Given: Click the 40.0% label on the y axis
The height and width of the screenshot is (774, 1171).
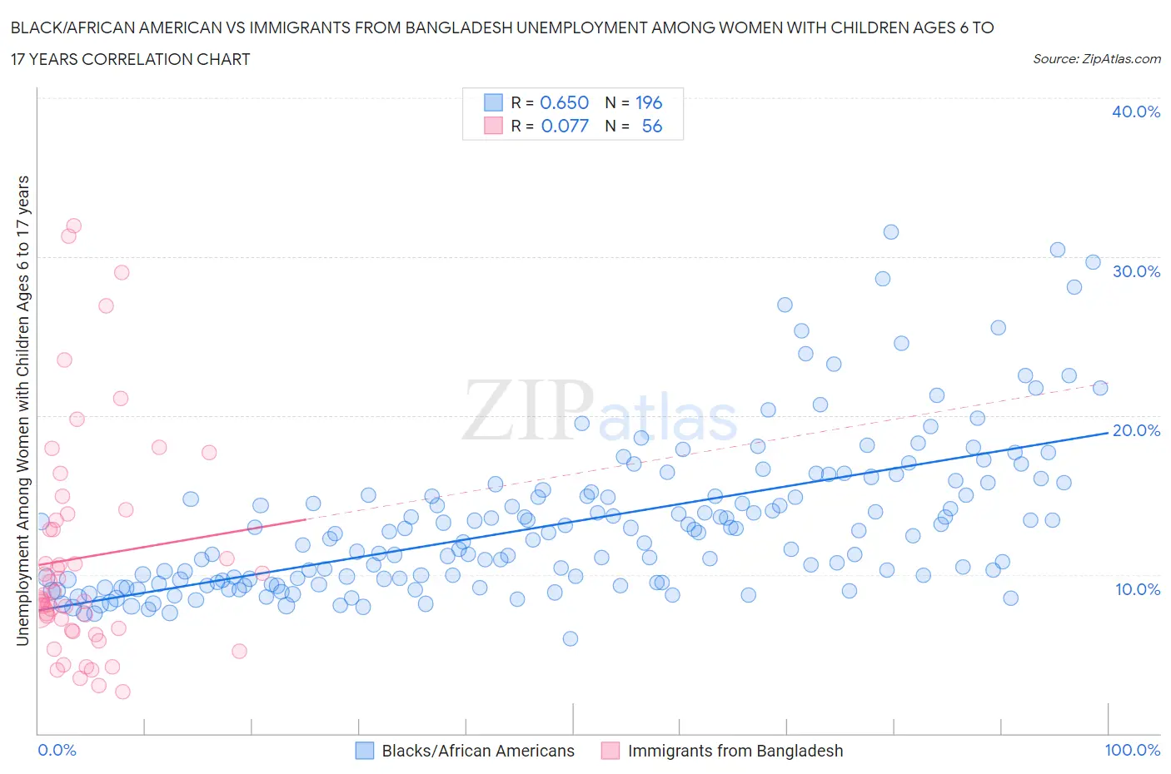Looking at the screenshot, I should point(1135,112).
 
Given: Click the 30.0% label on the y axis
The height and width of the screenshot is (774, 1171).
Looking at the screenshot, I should point(1135,271).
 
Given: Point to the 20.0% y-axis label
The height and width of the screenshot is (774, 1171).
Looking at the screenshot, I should point(1135,430).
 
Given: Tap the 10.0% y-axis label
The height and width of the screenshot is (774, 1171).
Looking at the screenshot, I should point(1135,589).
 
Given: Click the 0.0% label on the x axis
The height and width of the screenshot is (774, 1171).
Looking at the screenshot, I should point(57,750).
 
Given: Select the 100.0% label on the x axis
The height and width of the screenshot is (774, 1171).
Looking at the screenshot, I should point(1132,750).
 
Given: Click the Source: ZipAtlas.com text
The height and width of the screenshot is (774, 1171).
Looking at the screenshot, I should point(1096,58).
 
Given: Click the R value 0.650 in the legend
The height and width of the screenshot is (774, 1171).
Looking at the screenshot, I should point(564,102).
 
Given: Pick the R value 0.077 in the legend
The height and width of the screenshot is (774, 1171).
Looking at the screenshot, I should point(564,126).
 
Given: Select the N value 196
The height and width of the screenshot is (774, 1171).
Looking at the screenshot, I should point(649,102).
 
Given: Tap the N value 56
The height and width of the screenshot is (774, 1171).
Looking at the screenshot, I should point(651,126).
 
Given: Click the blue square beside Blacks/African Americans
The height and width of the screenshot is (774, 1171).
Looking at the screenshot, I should point(365,751).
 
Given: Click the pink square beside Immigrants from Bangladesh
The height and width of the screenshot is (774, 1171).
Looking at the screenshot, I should point(610,751).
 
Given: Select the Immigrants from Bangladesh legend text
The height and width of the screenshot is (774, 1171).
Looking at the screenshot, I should point(735,751).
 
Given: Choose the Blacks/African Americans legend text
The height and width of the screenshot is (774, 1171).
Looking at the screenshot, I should point(478,751).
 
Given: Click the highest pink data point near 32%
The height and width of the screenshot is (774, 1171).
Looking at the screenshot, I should point(73,226).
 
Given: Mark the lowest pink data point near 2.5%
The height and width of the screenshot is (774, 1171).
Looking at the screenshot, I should point(122,692).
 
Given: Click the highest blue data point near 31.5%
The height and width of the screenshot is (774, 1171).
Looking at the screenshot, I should point(890,232).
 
